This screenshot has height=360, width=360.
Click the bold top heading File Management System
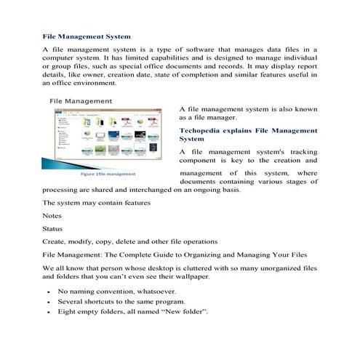(x=87, y=35)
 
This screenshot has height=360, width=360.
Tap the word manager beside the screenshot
(x=221, y=116)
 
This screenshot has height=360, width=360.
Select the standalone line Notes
(x=52, y=215)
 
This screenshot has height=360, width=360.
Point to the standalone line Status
(x=53, y=228)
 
